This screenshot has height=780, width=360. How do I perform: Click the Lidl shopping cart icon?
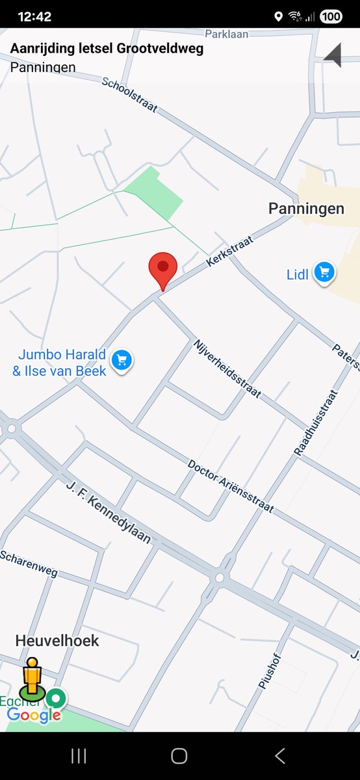pos(324,273)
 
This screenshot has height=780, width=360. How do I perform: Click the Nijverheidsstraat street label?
pos(227,368)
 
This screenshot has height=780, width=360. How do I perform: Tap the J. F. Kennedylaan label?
pos(109,513)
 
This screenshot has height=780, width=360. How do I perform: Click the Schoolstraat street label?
pos(129,94)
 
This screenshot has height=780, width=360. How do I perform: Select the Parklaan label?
pos(227,34)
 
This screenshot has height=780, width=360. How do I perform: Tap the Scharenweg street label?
pos(29,564)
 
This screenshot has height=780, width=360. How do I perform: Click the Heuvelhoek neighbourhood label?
pos(57,641)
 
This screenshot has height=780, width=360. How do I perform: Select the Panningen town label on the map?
pos(306,209)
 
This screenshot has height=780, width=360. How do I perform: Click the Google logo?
pos(34,716)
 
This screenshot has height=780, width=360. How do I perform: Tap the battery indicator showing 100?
pos(330,16)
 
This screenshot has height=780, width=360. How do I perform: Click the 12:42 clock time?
pos(34,16)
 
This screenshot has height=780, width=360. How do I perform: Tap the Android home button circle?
pos(179,755)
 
